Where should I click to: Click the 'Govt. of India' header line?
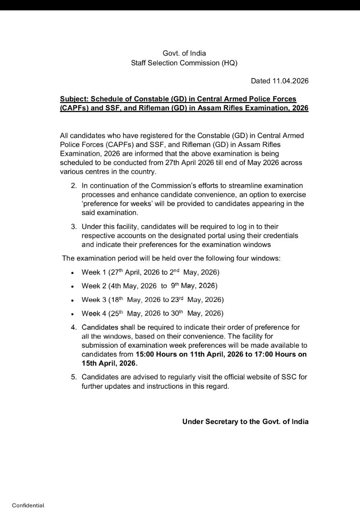[184, 53]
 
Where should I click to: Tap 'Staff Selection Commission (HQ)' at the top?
[184, 63]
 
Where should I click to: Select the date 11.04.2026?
[290, 81]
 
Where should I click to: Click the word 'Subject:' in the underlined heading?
[74, 99]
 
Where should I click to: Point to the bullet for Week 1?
[72, 273]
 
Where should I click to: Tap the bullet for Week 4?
[72, 314]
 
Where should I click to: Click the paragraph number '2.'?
[74, 186]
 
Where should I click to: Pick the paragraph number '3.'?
[74, 227]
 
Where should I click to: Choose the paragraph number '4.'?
[74, 327]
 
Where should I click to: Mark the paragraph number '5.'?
[74, 377]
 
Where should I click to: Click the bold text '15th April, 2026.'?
[109, 363]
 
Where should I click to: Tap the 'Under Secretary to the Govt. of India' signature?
[245, 422]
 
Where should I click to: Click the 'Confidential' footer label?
[28, 505]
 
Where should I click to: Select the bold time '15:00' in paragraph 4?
[145, 355]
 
